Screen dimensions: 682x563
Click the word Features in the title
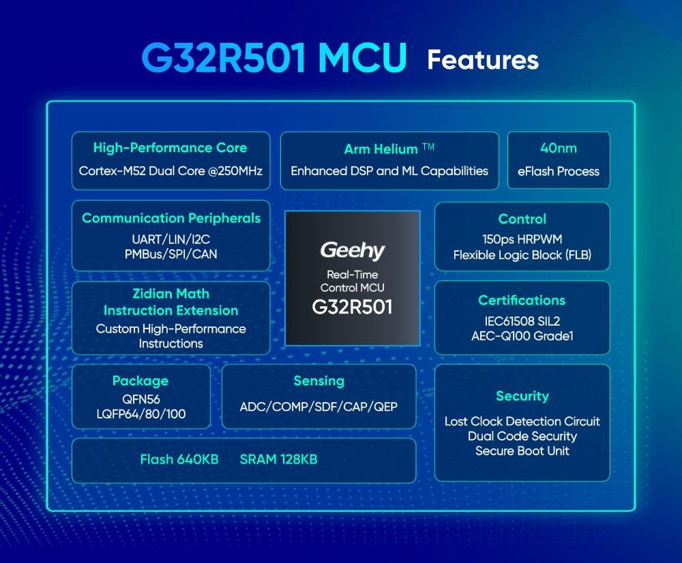point(483,59)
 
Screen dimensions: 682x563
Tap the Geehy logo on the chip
point(353,251)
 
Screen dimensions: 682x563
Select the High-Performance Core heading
point(170,148)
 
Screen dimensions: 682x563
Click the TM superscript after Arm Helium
point(428,147)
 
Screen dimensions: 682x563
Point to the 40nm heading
point(559,149)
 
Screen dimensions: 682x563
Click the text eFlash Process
point(559,171)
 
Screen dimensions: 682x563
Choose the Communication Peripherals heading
point(171,218)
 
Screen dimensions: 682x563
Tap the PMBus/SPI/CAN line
point(171,254)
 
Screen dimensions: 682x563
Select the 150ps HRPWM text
point(522,239)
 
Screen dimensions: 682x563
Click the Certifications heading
point(522,300)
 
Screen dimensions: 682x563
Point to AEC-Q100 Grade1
point(522,336)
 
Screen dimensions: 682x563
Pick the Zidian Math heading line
point(171,294)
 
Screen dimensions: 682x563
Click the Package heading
point(140,381)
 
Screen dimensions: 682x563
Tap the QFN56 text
point(141,399)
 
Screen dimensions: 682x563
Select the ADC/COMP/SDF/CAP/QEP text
point(318,407)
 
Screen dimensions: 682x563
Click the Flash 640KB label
point(179,459)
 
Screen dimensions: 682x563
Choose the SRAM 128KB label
point(278,459)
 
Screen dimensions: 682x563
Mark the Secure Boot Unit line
point(522,451)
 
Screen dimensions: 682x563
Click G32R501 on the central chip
point(353,307)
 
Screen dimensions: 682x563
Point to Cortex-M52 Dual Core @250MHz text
point(170,171)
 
